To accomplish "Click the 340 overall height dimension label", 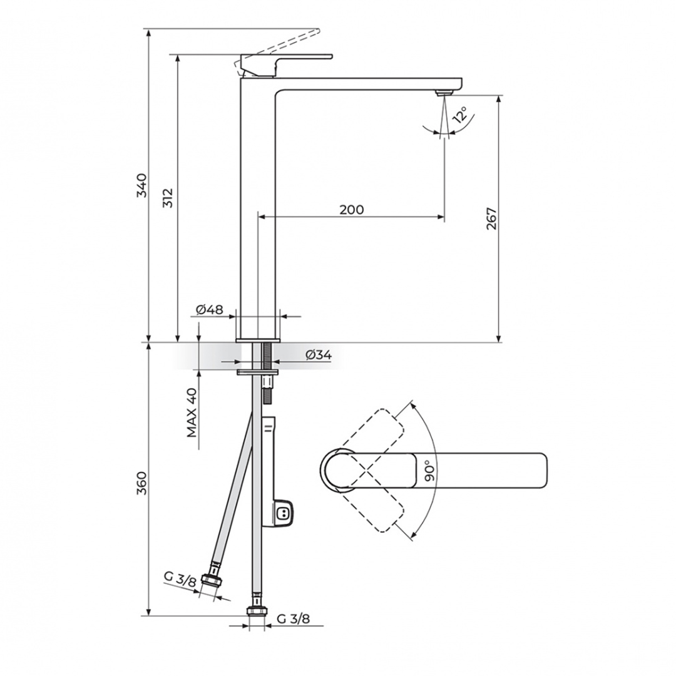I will (x=142, y=185).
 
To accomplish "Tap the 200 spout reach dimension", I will (x=352, y=210).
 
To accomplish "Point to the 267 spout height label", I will (x=492, y=218).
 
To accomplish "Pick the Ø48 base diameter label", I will (x=210, y=310).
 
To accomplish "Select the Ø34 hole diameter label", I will (x=318, y=355).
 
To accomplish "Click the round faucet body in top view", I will (x=338, y=470).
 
